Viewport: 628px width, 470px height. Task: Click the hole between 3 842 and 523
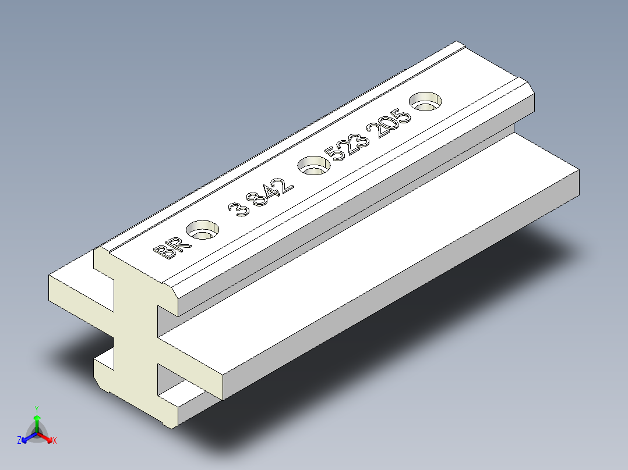(x=314, y=166)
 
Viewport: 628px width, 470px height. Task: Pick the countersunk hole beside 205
(x=426, y=101)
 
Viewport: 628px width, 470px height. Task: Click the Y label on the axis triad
(x=36, y=409)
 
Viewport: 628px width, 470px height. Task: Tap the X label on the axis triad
(x=55, y=441)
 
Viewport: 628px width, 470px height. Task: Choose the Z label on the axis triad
(x=19, y=441)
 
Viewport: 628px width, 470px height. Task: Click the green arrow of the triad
(x=36, y=421)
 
